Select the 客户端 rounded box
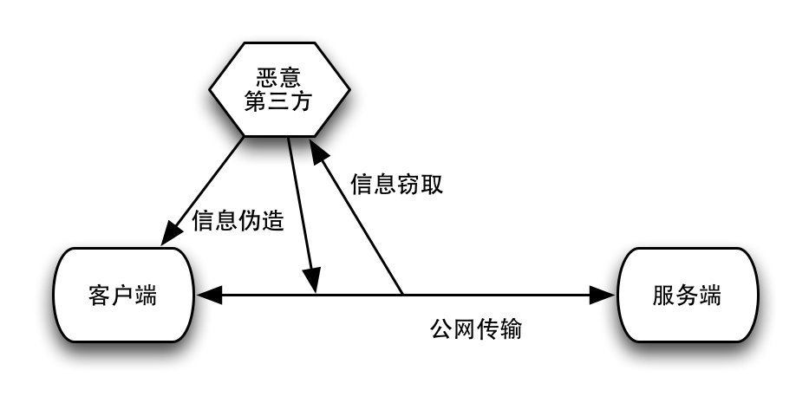click(x=122, y=295)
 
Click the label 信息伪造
click(x=238, y=220)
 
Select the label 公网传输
click(x=476, y=330)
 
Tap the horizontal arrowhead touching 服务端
click(x=602, y=296)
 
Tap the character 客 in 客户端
click(x=99, y=295)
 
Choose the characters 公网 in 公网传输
click(x=453, y=330)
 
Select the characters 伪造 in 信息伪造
click(x=261, y=220)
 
